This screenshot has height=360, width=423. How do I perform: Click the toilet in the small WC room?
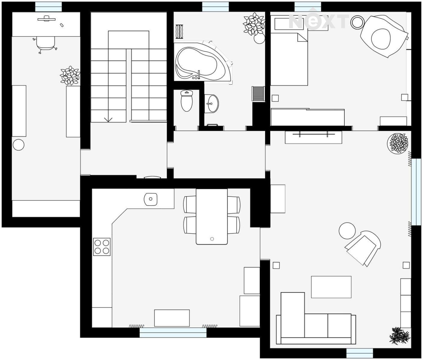click(187, 101)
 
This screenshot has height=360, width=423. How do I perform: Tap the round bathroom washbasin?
click(211, 103)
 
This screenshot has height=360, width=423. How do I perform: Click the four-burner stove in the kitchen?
click(102, 247)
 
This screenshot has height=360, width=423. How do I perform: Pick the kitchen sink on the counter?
click(151, 199)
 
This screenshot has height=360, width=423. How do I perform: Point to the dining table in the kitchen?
click(211, 217)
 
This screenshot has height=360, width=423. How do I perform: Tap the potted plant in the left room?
click(70, 76)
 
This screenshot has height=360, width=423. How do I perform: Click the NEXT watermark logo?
click(319, 20)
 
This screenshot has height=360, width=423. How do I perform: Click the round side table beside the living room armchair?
click(347, 231)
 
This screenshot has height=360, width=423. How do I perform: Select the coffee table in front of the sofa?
click(331, 287)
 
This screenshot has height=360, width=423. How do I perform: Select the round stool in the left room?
click(19, 145)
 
